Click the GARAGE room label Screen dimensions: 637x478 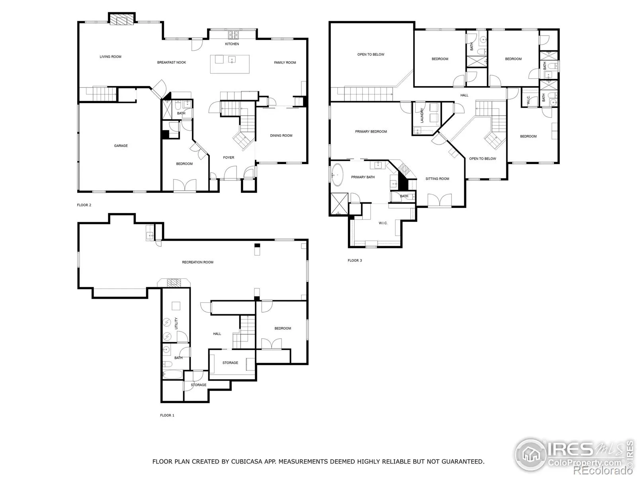121,146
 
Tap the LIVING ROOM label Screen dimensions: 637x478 111,57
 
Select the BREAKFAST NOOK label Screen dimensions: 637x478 172,63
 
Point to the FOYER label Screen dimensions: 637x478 229,158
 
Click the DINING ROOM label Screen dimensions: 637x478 281,135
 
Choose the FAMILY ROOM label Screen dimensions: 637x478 285,63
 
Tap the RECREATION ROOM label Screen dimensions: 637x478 197,262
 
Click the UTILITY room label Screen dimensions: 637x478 176,323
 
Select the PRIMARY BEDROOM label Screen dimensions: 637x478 371,131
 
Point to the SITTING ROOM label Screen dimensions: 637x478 437,179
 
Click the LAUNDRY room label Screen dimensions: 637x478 422,116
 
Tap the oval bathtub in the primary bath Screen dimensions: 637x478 338,175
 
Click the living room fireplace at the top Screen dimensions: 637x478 122,20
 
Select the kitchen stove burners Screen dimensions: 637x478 233,35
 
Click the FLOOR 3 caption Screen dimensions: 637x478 355,261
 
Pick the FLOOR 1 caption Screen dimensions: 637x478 167,415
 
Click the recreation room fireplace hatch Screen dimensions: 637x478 174,283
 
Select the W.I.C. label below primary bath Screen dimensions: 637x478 383,223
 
